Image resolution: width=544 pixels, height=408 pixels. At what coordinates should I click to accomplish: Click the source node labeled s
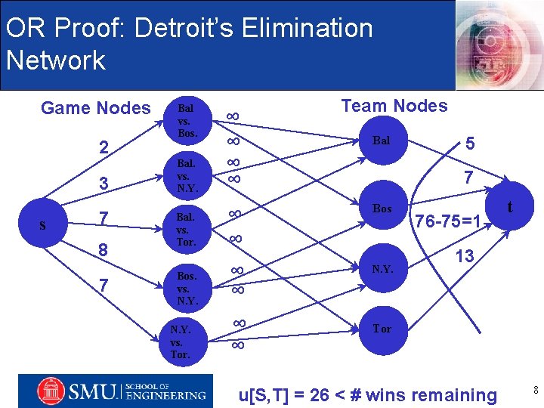coord(43,226)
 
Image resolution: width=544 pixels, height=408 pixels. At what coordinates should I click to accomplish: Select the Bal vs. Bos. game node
coord(187,121)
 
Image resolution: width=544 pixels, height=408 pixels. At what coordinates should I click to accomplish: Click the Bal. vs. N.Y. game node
coord(187,175)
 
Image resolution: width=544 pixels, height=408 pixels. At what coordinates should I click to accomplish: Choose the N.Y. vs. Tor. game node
coord(181,342)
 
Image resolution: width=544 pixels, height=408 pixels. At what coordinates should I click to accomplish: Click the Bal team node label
coord(381,141)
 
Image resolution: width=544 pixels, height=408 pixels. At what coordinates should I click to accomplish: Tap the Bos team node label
coord(382,208)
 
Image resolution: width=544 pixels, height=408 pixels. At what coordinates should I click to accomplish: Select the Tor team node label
coord(382,329)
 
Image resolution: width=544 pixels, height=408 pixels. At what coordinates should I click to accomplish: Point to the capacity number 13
coord(464,256)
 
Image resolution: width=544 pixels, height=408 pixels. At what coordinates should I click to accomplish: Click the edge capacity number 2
coord(104,147)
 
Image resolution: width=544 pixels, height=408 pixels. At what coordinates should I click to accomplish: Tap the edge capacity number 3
coord(104,183)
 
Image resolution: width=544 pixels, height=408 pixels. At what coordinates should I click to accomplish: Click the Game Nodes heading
coord(96,108)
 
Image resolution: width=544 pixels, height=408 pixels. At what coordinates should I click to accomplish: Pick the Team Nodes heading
coord(394,106)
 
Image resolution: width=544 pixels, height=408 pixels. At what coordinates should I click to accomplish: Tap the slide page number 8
coord(535,390)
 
